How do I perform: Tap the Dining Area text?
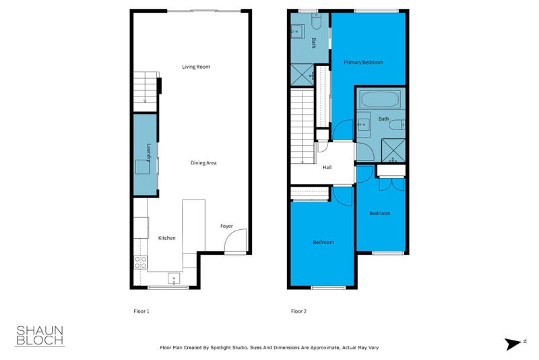point(203,162)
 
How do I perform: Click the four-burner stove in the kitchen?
point(140,262)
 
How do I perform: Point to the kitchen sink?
point(173,278)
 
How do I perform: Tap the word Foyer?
point(227,227)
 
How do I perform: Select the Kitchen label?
point(166,238)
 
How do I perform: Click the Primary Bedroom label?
point(363,63)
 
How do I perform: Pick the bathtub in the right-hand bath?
point(380,100)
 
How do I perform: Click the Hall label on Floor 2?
point(327,168)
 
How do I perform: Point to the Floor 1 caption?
point(141,311)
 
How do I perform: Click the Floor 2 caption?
point(298,311)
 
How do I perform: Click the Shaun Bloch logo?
point(40,335)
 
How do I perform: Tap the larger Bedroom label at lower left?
point(323,242)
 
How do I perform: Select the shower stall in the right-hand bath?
point(393,150)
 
